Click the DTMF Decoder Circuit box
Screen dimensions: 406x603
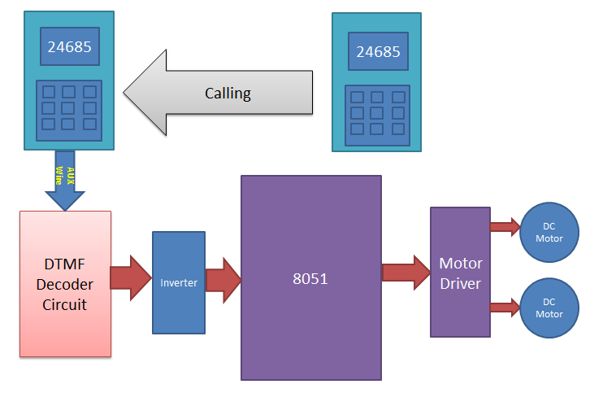[65, 283]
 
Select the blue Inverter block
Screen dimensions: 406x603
[179, 282]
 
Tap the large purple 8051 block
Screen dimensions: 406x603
[310, 277]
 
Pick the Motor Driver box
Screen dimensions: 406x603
[460, 273]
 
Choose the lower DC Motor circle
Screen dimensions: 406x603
[549, 308]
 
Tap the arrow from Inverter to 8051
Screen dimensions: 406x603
[223, 277]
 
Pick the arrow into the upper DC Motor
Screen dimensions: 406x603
[504, 227]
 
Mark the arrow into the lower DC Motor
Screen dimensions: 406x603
[504, 307]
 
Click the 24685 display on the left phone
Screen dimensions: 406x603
[69, 47]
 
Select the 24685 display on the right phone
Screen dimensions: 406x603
[377, 52]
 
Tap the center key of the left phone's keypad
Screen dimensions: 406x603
[69, 108]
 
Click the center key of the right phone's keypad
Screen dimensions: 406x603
[376, 113]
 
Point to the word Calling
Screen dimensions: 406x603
[228, 93]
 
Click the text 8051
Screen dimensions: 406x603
[310, 277]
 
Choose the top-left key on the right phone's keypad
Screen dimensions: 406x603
[356, 98]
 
